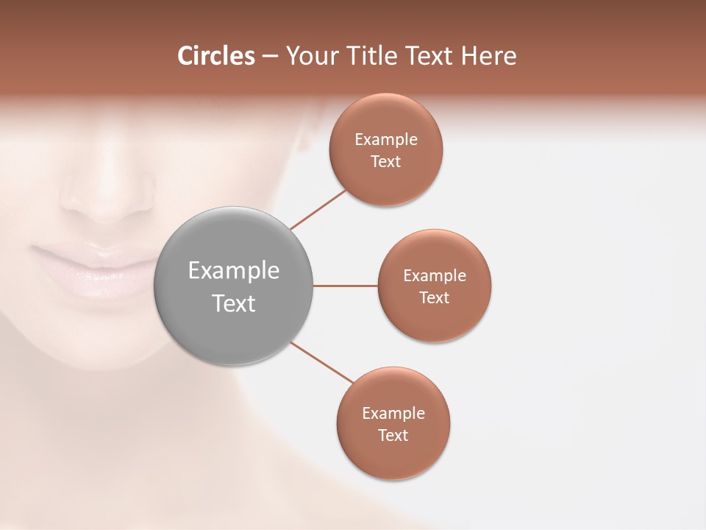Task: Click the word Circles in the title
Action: coord(215,56)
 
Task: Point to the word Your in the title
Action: coord(310,57)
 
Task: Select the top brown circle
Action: coord(386,180)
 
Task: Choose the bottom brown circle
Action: coord(393,456)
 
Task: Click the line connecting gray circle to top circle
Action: coord(318,210)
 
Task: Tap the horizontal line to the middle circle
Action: coord(345,286)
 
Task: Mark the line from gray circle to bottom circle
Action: coord(322,363)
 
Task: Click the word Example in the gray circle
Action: coord(233,271)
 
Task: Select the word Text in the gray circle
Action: coord(233,303)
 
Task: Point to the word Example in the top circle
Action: coord(386,139)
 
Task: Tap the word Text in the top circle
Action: coord(386,162)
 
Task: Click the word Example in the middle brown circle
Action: coord(435,276)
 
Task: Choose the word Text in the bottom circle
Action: coord(393,436)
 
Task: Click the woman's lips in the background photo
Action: coord(96,269)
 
